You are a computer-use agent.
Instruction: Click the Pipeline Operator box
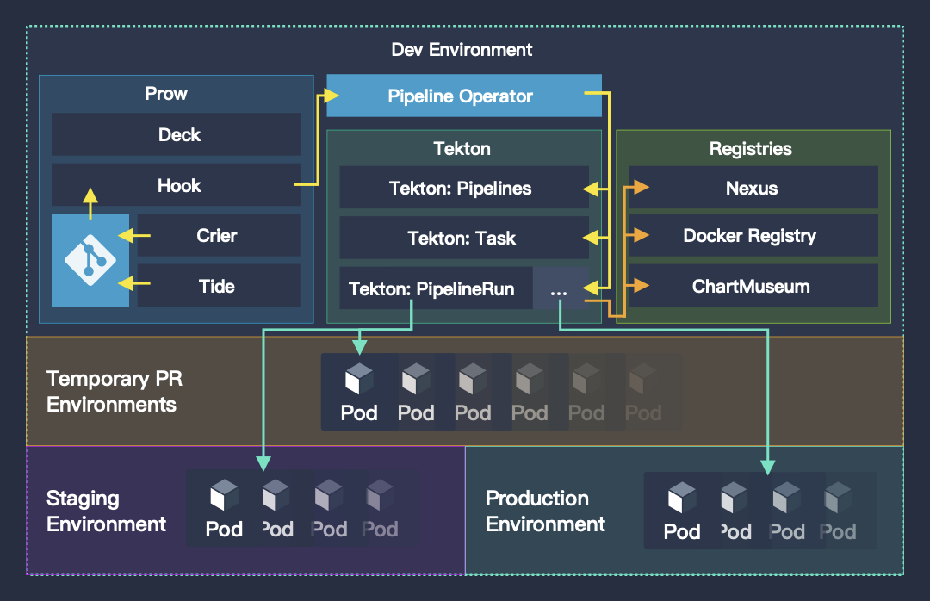(464, 96)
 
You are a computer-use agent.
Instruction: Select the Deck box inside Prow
(177, 134)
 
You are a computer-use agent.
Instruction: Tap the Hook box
(177, 185)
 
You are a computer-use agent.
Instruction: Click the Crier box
(219, 236)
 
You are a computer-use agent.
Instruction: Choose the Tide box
(219, 286)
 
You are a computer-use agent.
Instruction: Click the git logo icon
(90, 260)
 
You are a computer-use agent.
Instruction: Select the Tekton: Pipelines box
(464, 188)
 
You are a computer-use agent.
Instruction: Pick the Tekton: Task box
(464, 238)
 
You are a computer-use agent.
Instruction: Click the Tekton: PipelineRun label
(431, 289)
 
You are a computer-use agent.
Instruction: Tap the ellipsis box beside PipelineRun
(561, 288)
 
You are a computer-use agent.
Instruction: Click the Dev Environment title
(462, 49)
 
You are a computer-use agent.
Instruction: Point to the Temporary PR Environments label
(115, 392)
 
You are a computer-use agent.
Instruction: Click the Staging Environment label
(106, 511)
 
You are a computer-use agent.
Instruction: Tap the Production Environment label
(545, 511)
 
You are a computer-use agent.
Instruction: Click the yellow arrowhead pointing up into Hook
(90, 195)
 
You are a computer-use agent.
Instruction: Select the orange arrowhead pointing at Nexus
(642, 188)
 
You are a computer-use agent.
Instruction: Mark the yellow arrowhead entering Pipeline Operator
(331, 95)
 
